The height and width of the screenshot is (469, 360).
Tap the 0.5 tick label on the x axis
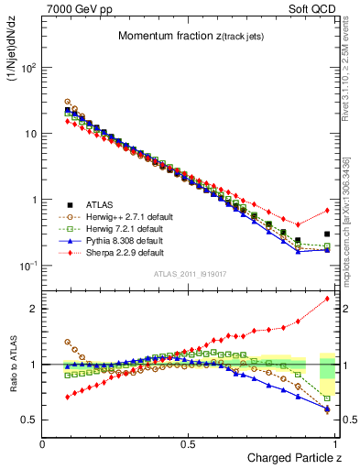point(189,443)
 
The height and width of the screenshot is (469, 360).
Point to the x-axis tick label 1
point(333,443)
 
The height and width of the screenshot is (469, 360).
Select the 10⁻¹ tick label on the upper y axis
point(29,266)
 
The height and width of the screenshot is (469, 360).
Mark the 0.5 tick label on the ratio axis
point(29,420)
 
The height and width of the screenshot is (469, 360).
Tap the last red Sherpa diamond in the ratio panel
point(327,299)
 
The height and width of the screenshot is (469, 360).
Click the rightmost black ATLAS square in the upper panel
point(327,234)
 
